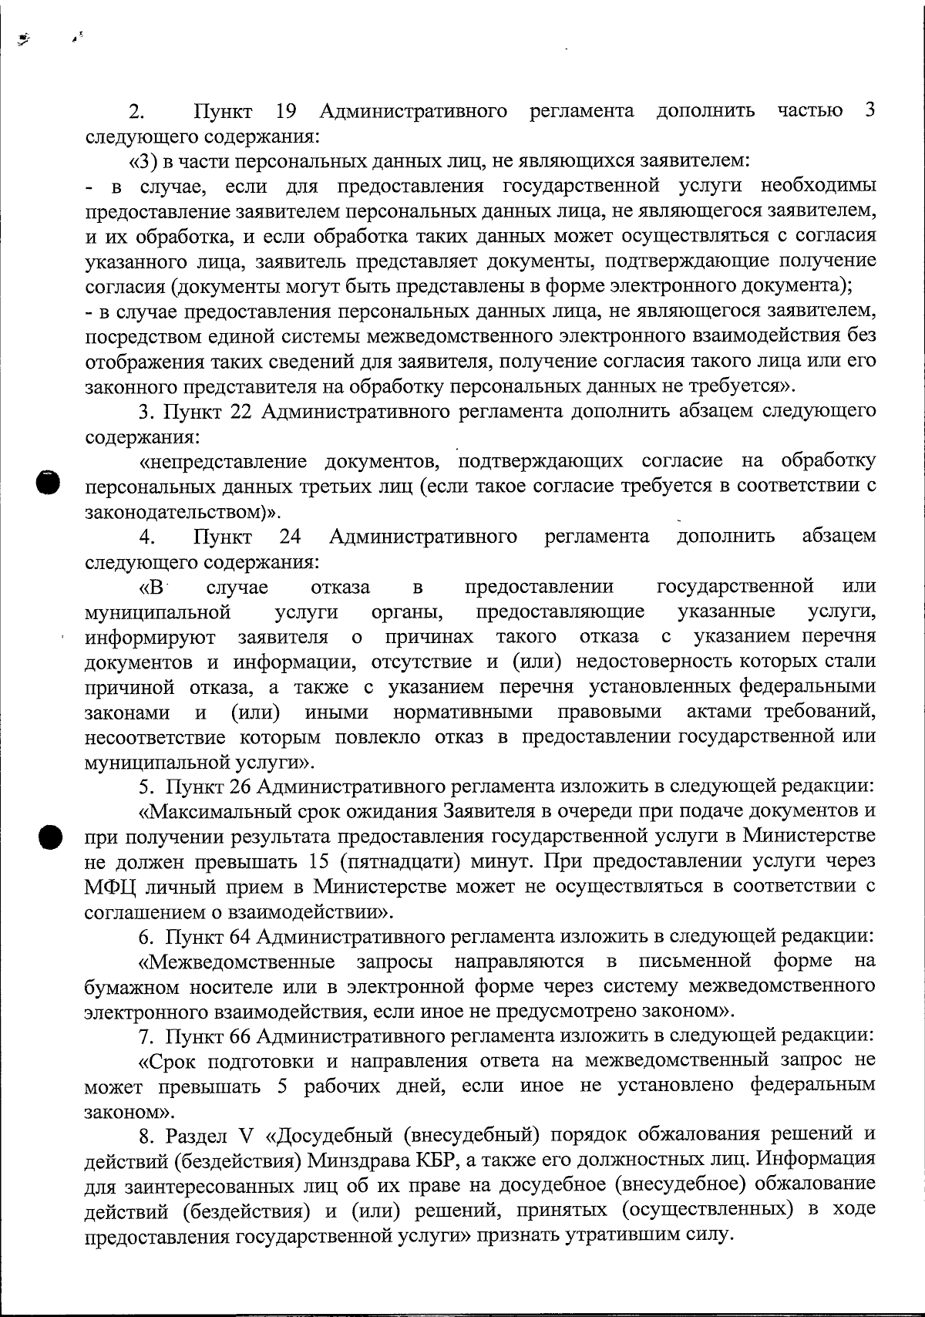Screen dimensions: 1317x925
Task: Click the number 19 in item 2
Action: pyautogui.click(x=286, y=112)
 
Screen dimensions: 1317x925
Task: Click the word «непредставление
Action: pyautogui.click(x=220, y=462)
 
